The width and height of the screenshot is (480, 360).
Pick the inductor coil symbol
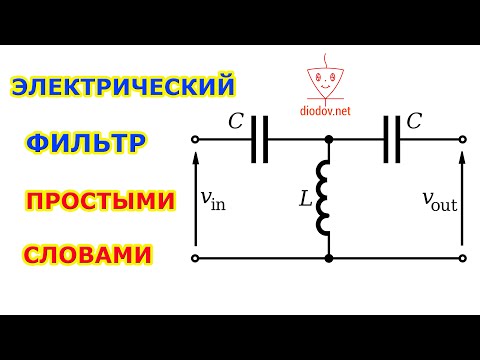325,199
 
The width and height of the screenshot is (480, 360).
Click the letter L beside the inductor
305,199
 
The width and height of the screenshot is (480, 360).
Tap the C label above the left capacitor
236,122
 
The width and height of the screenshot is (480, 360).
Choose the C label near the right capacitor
414,122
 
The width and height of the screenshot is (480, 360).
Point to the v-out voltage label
437,200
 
